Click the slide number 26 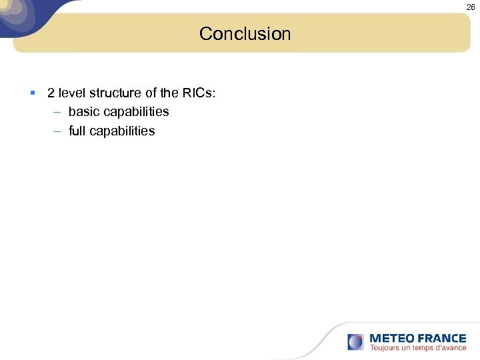coord(471,7)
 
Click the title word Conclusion coord(245,33)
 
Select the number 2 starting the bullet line coord(51,93)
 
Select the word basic coord(83,111)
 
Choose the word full coord(77,131)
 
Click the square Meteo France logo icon coord(356,342)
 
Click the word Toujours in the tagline coord(385,348)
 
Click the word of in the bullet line coord(151,93)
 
